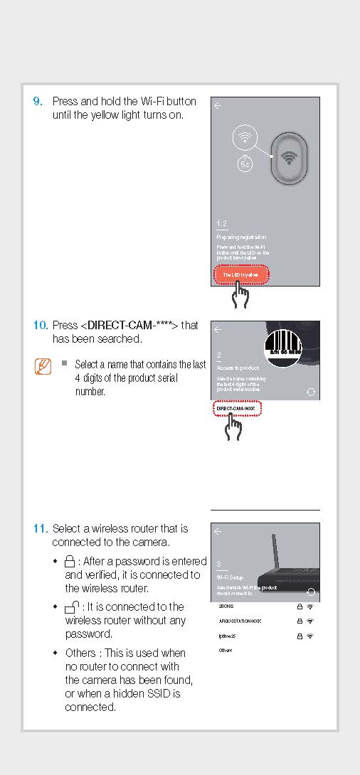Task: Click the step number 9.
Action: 38,102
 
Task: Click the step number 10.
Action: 41,326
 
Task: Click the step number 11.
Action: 41,529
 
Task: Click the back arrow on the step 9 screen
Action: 218,106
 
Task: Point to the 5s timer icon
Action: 245,162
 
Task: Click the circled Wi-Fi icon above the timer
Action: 245,137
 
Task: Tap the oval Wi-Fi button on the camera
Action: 288,159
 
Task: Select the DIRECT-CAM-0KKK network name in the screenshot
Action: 237,409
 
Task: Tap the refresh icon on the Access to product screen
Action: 310,392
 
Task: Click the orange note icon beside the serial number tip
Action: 43,367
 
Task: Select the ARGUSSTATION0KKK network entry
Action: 240,621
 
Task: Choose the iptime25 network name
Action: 228,636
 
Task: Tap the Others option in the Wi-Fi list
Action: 226,651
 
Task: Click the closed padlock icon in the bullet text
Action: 70,562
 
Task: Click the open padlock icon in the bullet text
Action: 72,607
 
